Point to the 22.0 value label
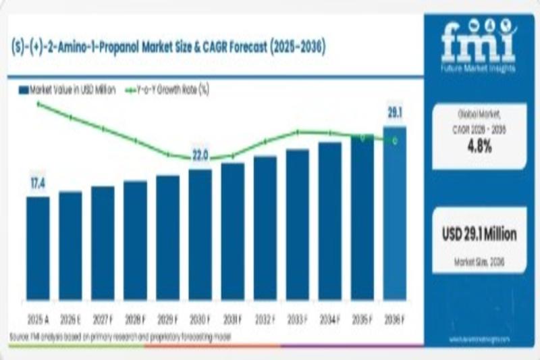pyautogui.click(x=200, y=156)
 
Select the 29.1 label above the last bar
pyautogui.click(x=394, y=113)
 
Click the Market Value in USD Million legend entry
pyautogui.click(x=67, y=89)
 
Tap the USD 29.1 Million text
pyautogui.click(x=479, y=234)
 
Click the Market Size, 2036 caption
pyautogui.click(x=479, y=261)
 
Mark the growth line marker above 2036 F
pyautogui.click(x=395, y=140)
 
